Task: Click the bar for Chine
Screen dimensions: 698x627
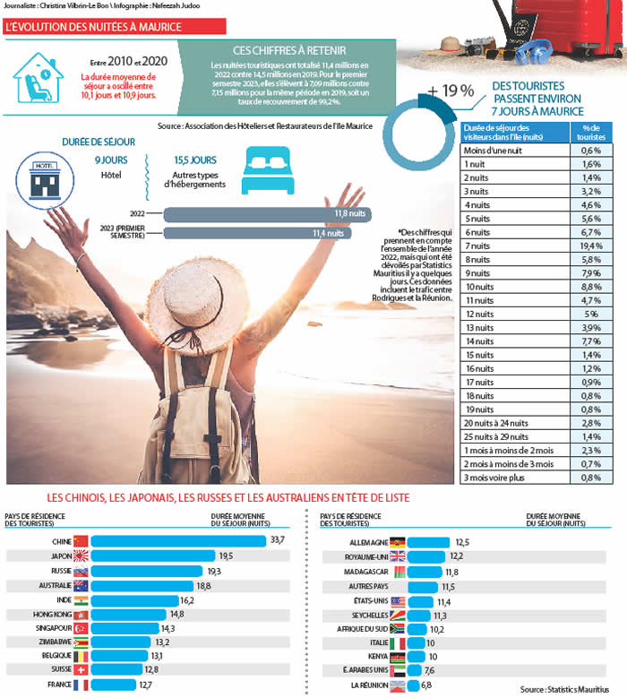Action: coord(179,540)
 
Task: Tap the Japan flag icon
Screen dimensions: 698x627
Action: coord(81,556)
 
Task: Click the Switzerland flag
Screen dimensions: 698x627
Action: coord(81,670)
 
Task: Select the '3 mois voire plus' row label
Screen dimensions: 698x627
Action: coord(492,478)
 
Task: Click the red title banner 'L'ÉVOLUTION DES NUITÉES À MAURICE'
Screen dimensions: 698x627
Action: coord(93,27)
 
